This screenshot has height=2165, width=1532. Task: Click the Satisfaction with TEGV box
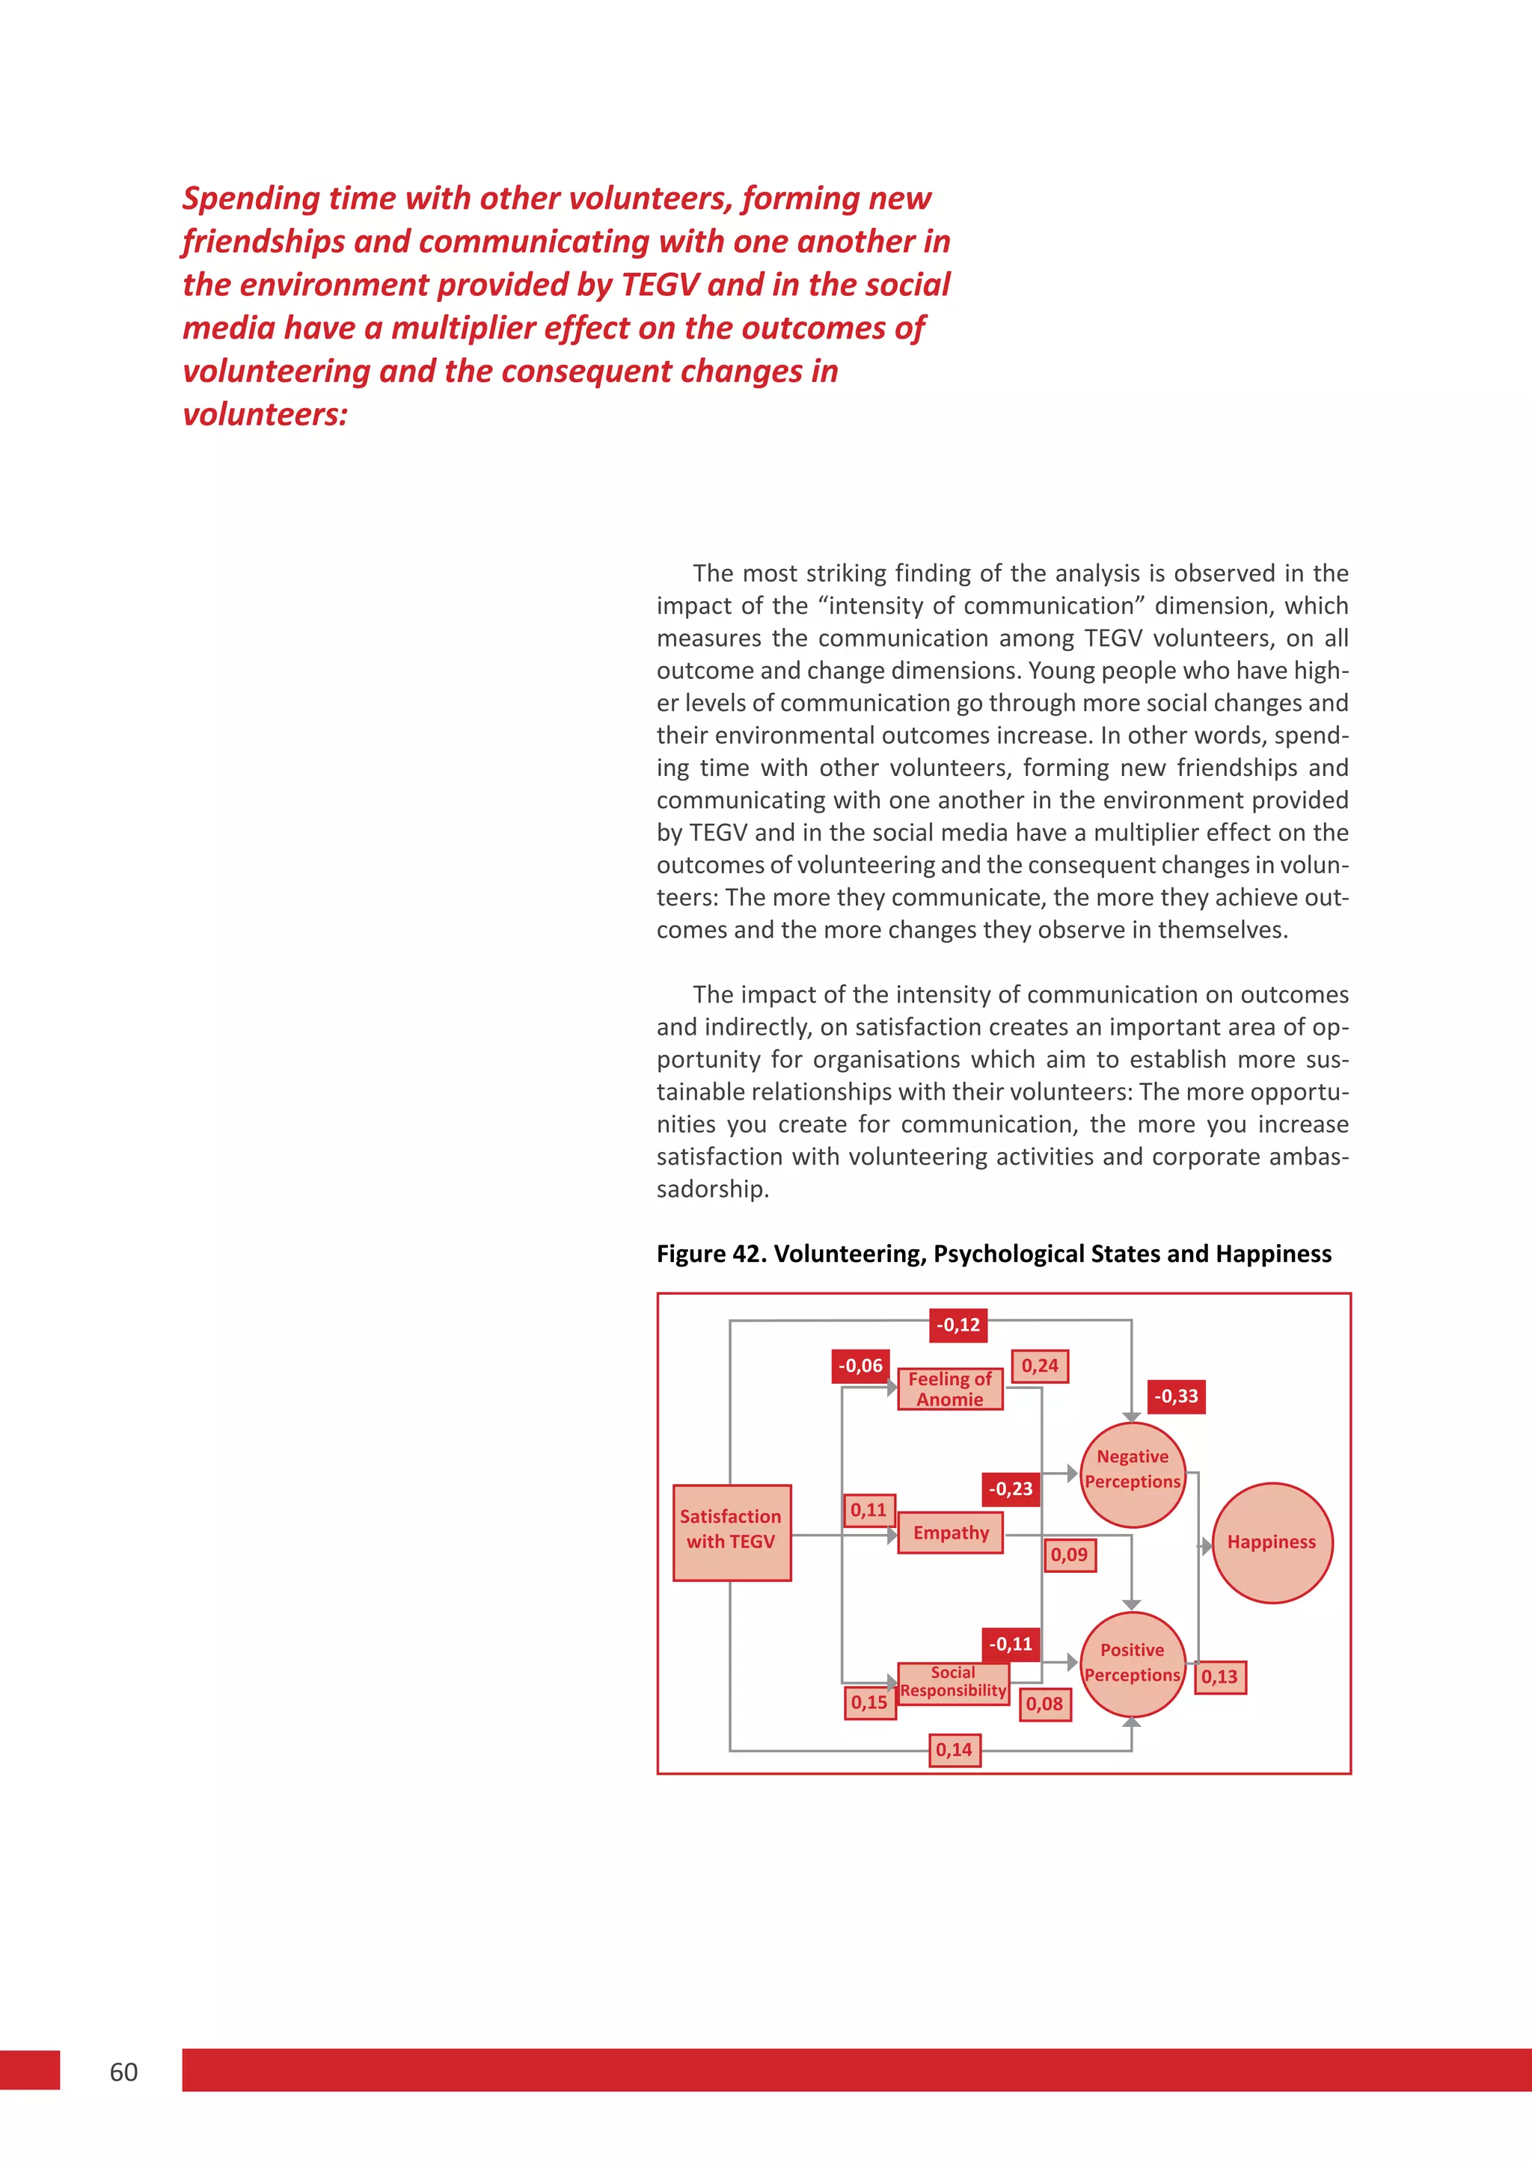(x=731, y=1533)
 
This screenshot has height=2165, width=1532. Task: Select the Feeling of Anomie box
(x=949, y=1389)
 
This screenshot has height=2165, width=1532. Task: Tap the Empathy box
(x=950, y=1533)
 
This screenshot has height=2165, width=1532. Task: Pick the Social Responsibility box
(x=953, y=1681)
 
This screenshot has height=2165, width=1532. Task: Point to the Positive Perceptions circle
(x=1132, y=1663)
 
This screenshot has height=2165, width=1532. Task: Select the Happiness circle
(x=1272, y=1543)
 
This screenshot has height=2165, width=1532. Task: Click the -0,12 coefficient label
(x=957, y=1325)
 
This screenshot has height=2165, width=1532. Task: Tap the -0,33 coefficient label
(x=1177, y=1396)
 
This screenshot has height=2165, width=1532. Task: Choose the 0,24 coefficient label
(x=1040, y=1365)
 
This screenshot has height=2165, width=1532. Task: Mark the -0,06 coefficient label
(x=860, y=1365)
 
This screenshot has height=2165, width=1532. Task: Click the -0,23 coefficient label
(x=1011, y=1489)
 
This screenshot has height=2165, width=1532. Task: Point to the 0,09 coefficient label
(x=1069, y=1555)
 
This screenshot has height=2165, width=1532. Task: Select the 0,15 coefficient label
(x=868, y=1702)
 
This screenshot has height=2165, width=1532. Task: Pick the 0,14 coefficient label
(x=954, y=1750)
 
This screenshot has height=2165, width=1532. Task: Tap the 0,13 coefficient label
(x=1220, y=1678)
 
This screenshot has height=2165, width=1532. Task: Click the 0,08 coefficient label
(x=1044, y=1704)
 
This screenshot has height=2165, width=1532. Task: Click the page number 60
(x=123, y=2072)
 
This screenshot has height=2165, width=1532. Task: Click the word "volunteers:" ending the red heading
(x=265, y=415)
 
